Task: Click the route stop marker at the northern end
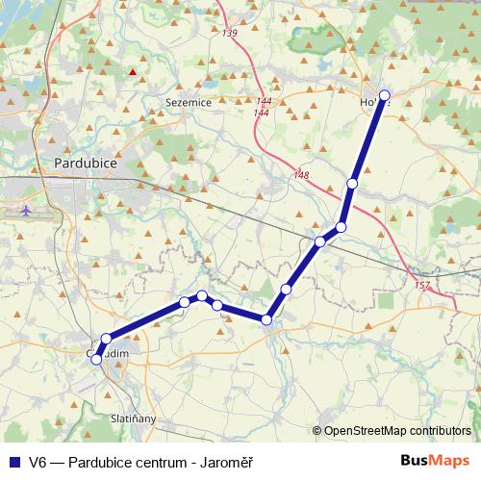[x=385, y=94]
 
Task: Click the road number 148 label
[x=302, y=174]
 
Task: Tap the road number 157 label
[x=421, y=286]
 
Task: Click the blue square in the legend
[x=13, y=461]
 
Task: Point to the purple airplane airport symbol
[x=26, y=209]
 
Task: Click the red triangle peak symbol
[x=133, y=71]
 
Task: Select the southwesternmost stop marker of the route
[x=94, y=357]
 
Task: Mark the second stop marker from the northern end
[x=353, y=183]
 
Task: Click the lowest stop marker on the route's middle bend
[x=266, y=319]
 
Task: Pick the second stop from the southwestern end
[x=106, y=339]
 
